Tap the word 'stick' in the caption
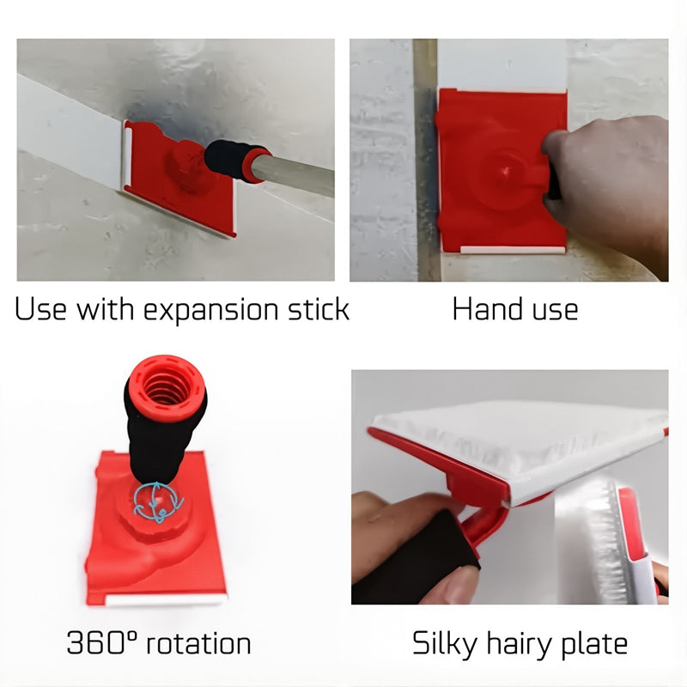click(x=319, y=308)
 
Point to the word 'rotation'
click(x=198, y=643)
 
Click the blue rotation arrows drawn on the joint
click(x=157, y=502)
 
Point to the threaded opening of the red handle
click(x=165, y=386)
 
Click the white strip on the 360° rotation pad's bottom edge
click(x=167, y=600)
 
